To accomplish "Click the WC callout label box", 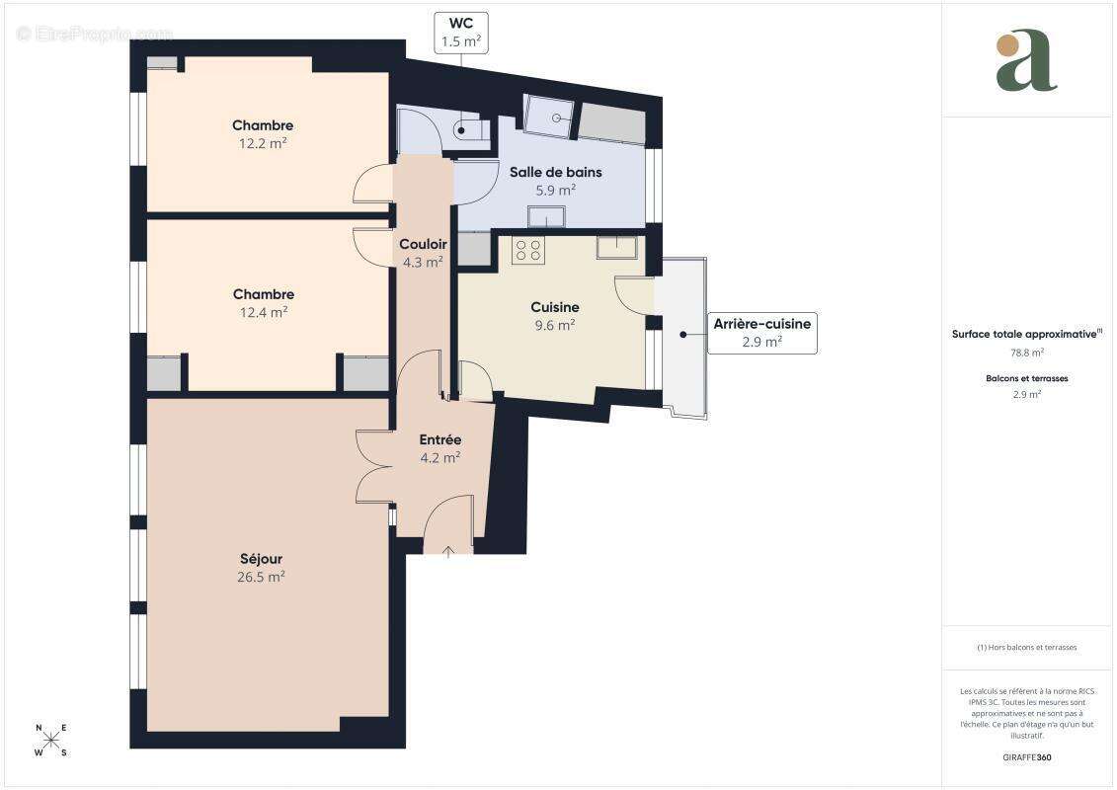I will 460,33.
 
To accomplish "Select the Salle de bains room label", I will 555,172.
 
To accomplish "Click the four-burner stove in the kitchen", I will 528,250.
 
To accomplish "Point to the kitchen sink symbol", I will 616,247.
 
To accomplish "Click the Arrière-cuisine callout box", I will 761,333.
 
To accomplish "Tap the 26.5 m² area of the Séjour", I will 261,577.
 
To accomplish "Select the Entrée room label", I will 439,439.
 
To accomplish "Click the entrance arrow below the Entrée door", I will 448,550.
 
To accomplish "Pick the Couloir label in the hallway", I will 423,244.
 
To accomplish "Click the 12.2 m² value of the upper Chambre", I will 263,143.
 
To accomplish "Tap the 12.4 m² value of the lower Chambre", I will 263,312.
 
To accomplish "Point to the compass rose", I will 51,740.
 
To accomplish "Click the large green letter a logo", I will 1027,60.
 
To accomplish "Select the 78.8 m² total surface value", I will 1027,352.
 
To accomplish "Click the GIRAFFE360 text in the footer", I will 1027,756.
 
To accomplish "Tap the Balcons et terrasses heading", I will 1027,378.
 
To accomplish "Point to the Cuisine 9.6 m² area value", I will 554,324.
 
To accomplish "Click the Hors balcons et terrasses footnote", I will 1027,648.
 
